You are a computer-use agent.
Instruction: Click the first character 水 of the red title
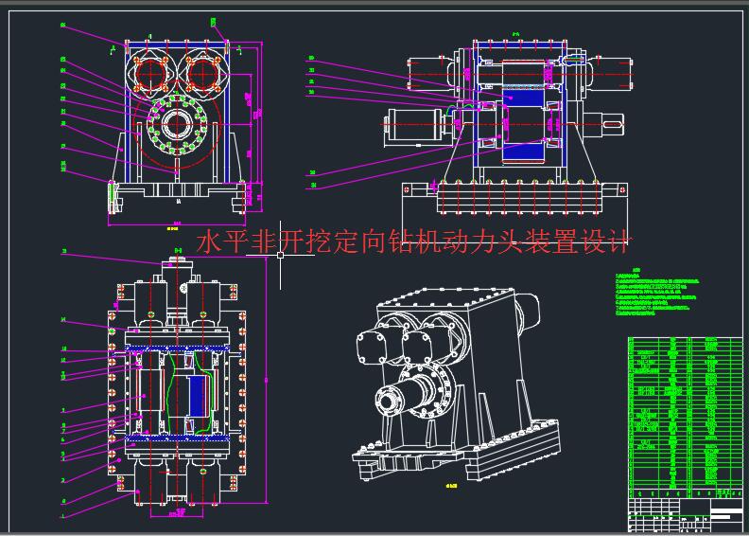tap(206, 242)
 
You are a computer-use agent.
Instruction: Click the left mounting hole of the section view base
tap(408, 191)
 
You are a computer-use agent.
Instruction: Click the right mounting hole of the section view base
tap(621, 191)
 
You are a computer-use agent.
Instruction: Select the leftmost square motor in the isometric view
tap(370, 345)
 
